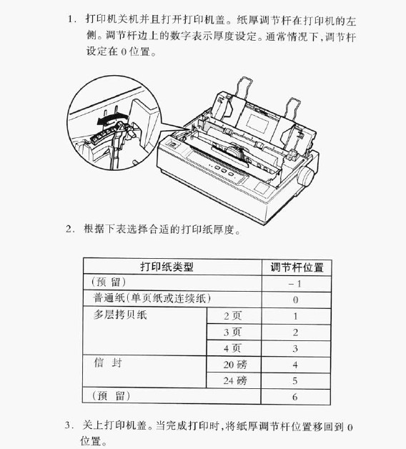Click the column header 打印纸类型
(x=166, y=267)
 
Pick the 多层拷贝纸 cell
(x=119, y=315)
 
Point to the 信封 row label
(x=108, y=363)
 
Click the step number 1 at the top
(x=71, y=15)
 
